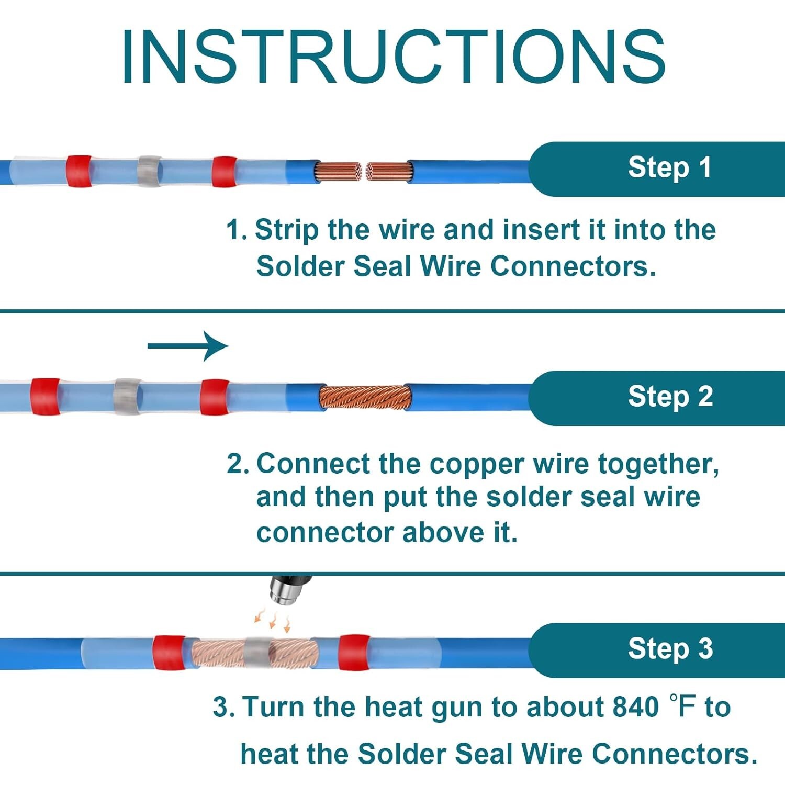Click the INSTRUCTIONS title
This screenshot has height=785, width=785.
coord(392,57)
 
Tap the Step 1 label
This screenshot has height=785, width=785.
coord(669,168)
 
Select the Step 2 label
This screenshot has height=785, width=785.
coord(670,397)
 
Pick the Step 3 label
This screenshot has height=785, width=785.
coord(670,649)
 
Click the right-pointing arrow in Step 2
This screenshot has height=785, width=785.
coord(188,346)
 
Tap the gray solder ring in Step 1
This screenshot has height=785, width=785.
coord(149,171)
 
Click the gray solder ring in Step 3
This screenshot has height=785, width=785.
coord(257,653)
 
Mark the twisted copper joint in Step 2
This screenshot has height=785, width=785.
coord(365,397)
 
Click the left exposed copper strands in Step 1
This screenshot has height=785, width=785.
coord(338,172)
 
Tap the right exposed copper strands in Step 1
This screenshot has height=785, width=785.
coord(389,172)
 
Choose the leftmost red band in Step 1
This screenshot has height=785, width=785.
coord(79,171)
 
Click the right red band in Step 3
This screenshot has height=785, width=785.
coord(354,652)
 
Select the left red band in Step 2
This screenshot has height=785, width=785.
coord(45,396)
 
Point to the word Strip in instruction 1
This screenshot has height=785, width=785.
coord(286,230)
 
